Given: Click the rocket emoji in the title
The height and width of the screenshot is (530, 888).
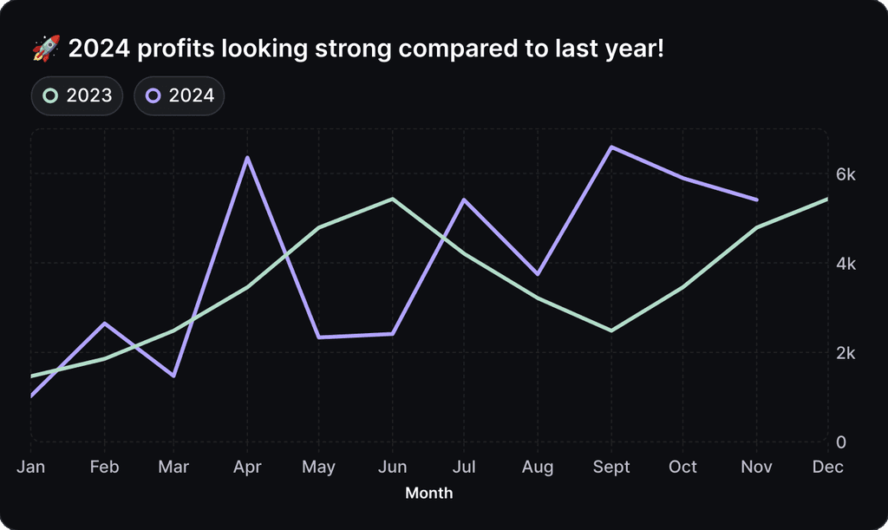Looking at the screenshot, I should click(x=46, y=49).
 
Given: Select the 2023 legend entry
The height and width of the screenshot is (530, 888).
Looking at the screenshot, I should click(x=77, y=95).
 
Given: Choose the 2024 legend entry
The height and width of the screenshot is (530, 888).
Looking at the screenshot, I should click(x=180, y=95).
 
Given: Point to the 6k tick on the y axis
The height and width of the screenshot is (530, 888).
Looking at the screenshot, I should click(x=846, y=174).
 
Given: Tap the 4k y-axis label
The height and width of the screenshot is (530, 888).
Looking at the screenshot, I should click(x=846, y=264).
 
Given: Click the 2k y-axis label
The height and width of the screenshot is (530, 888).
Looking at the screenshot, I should click(x=846, y=353).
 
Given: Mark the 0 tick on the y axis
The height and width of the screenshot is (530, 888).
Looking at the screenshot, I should click(x=840, y=442).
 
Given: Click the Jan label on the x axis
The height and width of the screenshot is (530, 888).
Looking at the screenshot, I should click(x=31, y=467).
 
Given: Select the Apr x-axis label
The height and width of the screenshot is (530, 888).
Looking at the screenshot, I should click(x=248, y=467).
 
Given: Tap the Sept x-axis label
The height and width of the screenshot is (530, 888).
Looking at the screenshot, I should click(x=610, y=467).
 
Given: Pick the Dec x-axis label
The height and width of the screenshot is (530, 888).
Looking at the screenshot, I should click(x=828, y=467).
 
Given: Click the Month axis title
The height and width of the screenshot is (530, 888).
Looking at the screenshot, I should click(x=429, y=494).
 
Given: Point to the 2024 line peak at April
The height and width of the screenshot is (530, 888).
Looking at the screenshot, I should click(x=248, y=158).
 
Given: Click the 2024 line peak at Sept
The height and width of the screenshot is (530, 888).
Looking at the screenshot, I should click(x=610, y=147).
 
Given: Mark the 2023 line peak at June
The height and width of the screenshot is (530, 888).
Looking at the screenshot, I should click(x=393, y=200).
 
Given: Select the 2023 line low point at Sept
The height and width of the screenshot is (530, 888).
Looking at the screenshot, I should click(x=610, y=330).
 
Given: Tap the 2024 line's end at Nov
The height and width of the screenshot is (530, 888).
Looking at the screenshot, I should click(x=757, y=200).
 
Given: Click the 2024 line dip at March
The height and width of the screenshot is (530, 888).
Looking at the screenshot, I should click(x=175, y=376).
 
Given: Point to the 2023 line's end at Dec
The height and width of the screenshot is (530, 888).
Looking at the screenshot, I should click(x=827, y=200).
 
